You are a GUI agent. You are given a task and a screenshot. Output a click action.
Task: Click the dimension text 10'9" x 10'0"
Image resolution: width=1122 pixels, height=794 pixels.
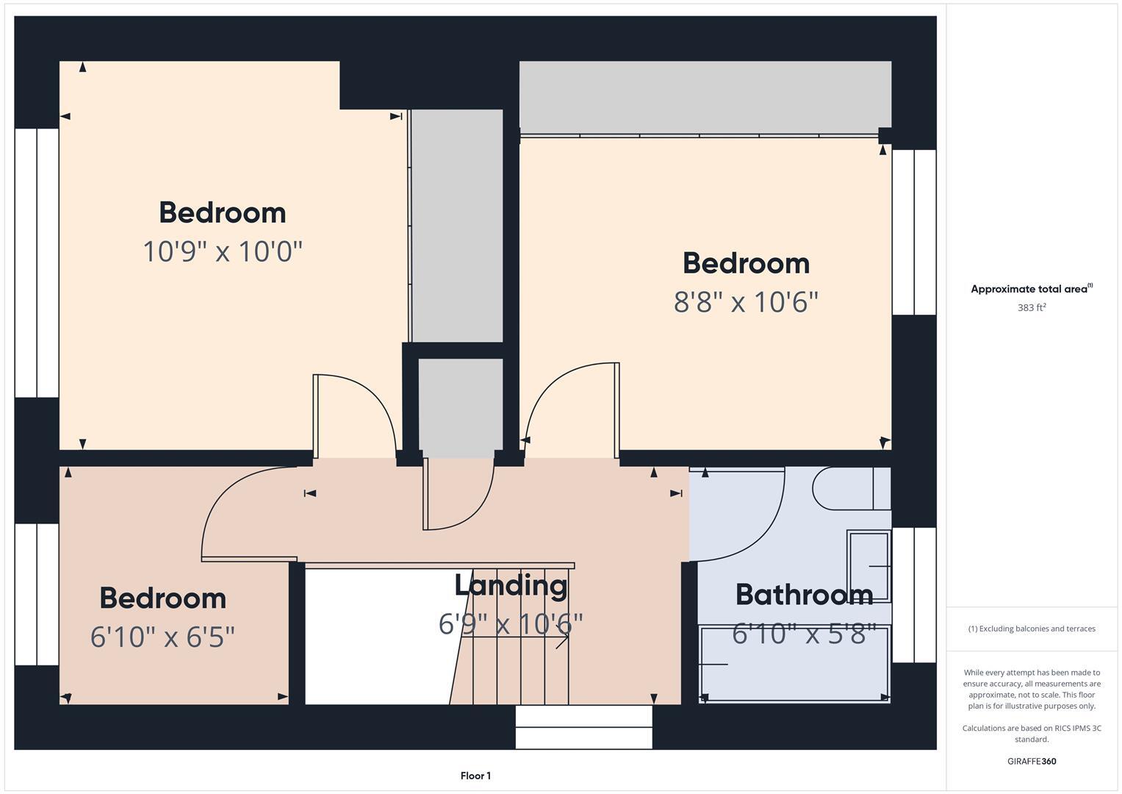(223, 251)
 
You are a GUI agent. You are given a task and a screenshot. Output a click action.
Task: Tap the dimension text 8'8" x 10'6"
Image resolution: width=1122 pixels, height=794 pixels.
(746, 302)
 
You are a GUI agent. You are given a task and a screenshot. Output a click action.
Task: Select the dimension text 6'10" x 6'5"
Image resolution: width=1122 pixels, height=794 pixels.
(162, 637)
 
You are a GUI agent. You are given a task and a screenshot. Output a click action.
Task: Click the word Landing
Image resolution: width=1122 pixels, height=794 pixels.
(511, 585)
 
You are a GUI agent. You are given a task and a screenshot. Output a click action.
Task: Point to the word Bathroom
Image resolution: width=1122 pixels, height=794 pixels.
(804, 595)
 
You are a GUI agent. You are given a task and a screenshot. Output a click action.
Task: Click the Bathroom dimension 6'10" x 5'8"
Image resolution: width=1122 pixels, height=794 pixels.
(804, 634)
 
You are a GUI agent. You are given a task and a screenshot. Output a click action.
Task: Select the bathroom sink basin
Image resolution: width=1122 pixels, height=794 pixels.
(869, 565)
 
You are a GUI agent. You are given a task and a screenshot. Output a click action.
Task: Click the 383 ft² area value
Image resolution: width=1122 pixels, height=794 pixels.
(1031, 308)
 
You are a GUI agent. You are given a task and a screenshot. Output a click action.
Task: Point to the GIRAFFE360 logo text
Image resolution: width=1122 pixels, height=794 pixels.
(1031, 761)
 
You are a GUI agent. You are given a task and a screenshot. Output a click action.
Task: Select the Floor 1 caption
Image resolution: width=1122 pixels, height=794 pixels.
(475, 776)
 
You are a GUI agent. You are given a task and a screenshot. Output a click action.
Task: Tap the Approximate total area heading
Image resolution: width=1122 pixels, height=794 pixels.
(1031, 289)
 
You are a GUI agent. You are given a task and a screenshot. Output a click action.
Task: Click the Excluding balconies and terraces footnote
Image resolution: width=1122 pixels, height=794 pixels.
(1031, 629)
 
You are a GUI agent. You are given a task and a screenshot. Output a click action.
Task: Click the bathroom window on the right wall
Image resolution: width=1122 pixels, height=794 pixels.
(914, 595)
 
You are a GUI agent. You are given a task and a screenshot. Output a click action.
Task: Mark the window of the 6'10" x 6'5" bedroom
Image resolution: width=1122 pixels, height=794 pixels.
(37, 594)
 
